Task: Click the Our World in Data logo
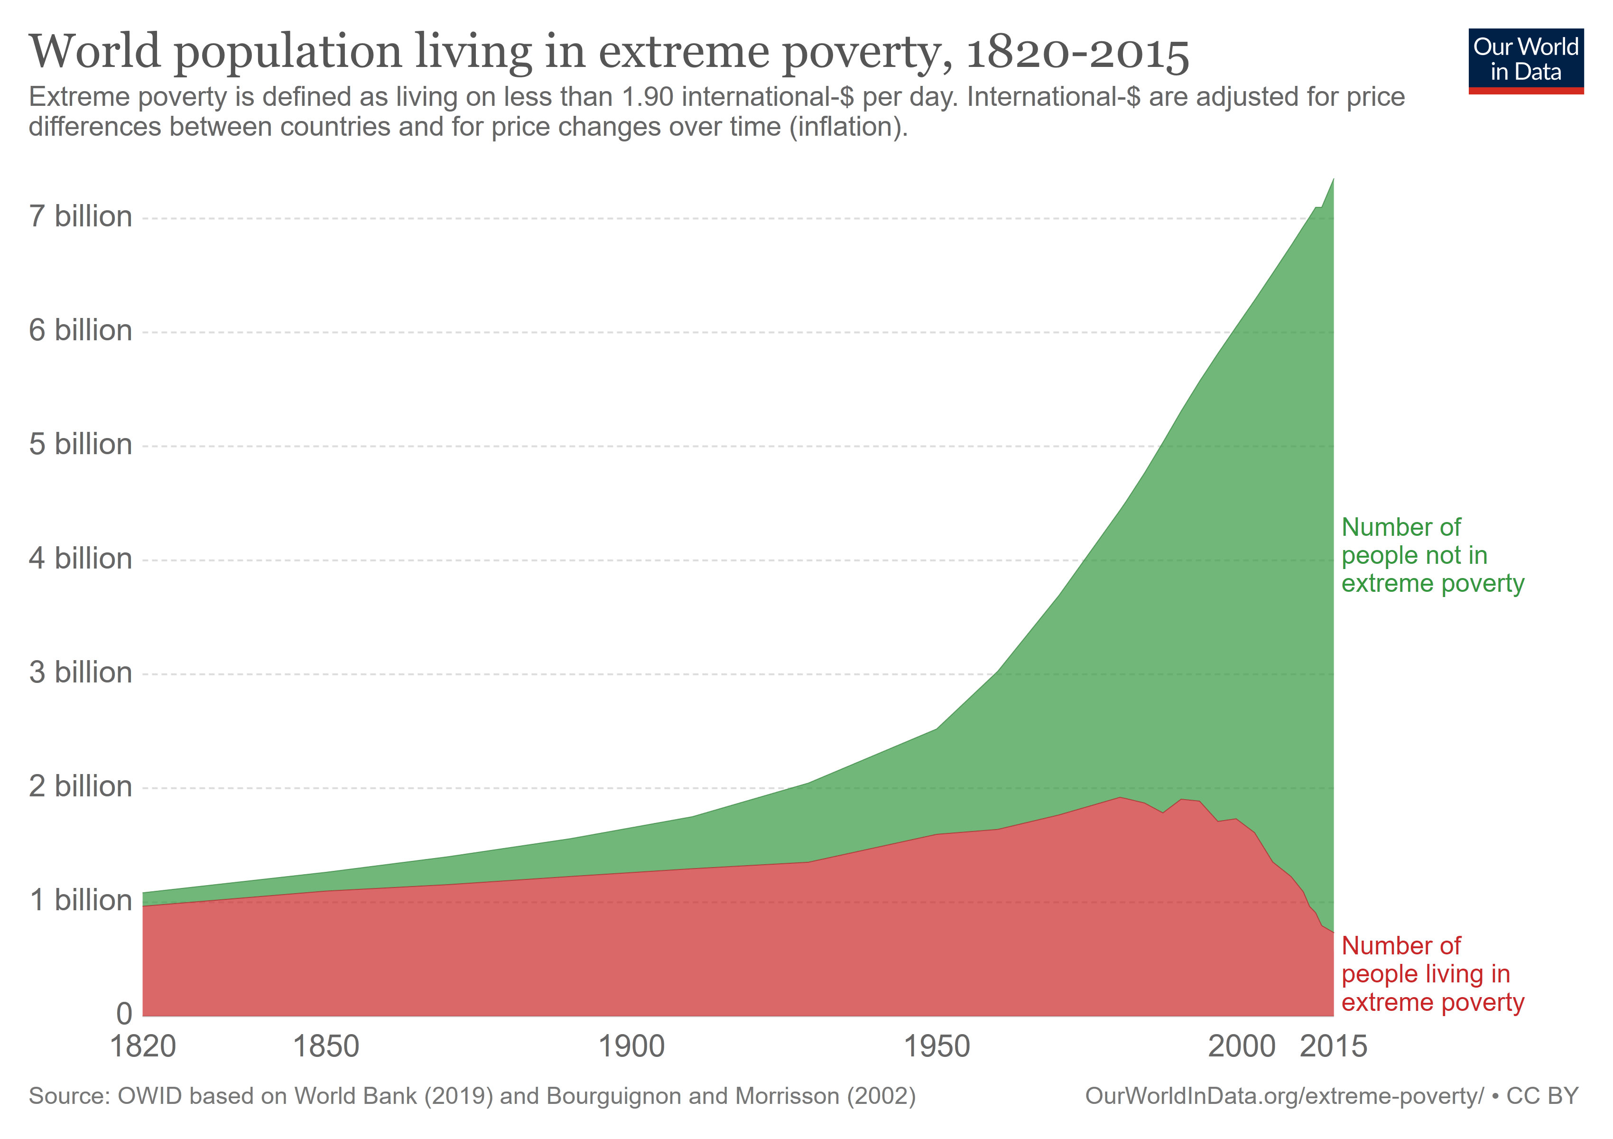tap(1525, 60)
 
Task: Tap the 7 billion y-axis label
tap(80, 216)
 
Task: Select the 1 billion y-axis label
tap(80, 900)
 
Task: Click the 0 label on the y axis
tap(124, 1013)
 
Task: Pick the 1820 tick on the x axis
tap(143, 1046)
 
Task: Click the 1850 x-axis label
tap(325, 1046)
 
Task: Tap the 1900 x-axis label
tap(631, 1046)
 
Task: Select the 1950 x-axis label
tap(936, 1046)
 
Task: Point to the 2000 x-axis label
tap(1242, 1046)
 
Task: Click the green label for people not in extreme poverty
tap(1432, 555)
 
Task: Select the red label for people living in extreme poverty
tap(1432, 974)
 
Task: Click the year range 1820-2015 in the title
tap(1077, 53)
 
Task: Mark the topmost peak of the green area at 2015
tap(1333, 180)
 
